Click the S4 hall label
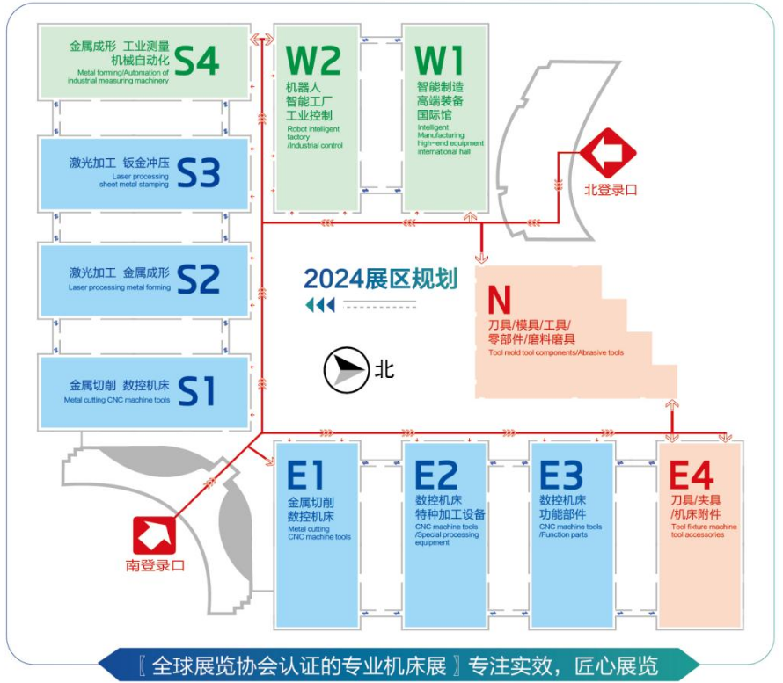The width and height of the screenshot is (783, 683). tap(197, 61)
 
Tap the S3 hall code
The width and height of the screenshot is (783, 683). tap(198, 173)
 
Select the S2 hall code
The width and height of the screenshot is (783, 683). tap(198, 279)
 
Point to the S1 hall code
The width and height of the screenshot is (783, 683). tap(196, 390)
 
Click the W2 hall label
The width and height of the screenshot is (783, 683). tap(313, 61)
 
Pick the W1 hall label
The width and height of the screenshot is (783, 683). tap(439, 61)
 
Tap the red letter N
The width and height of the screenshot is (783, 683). tap(499, 300)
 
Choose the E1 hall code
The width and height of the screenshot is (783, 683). tap(305, 475)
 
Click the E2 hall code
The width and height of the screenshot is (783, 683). tap(436, 475)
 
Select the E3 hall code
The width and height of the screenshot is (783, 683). tap(561, 475)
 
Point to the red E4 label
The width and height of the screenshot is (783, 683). tap(692, 475)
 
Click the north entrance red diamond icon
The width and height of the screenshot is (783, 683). tap(608, 153)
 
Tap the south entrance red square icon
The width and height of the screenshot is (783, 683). tap(154, 535)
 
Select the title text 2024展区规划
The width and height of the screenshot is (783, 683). tap(381, 279)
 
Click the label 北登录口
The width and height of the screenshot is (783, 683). tap(611, 190)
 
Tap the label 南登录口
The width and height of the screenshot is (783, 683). tap(155, 565)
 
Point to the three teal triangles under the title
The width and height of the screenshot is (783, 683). tap(320, 305)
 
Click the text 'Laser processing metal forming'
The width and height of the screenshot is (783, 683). tap(120, 287)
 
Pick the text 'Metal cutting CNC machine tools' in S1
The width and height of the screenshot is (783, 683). tap(117, 400)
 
